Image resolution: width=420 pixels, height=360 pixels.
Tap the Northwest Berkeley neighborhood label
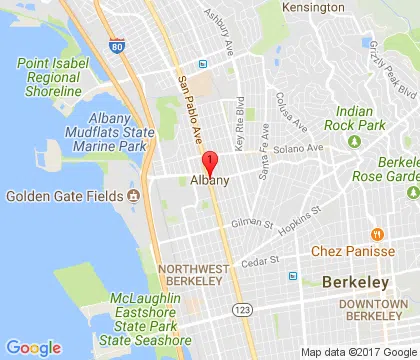click(191, 275)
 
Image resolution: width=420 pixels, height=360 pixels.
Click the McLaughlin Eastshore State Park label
click(126, 301)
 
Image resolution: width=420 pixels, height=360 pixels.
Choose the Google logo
click(34, 348)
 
